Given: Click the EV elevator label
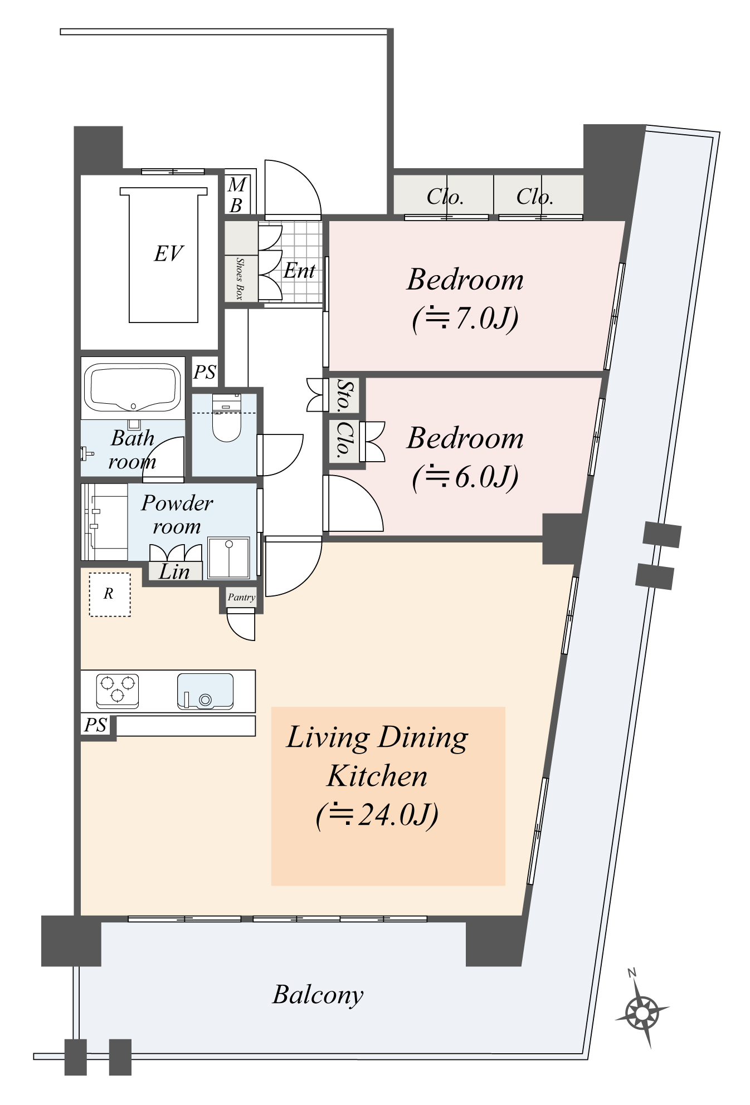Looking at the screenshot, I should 168,254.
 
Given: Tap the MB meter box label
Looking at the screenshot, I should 237,195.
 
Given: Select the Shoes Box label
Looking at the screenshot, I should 240,278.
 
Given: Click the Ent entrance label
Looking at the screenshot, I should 299,271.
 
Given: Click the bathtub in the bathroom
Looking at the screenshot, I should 133,387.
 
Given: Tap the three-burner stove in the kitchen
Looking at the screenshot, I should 117,690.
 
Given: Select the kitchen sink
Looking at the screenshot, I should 205,691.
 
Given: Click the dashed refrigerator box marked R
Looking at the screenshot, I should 110,594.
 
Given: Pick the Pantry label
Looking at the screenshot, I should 241,597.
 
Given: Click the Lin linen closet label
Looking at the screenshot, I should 174,571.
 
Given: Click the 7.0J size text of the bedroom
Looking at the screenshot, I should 465,318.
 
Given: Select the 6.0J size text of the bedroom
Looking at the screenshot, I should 465,477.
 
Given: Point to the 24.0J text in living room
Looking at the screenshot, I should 377,815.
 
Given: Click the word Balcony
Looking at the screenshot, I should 318,994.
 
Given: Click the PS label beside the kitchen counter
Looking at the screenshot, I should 95,725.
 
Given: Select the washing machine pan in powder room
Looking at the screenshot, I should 228,558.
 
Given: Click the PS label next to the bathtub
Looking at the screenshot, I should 204,372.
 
